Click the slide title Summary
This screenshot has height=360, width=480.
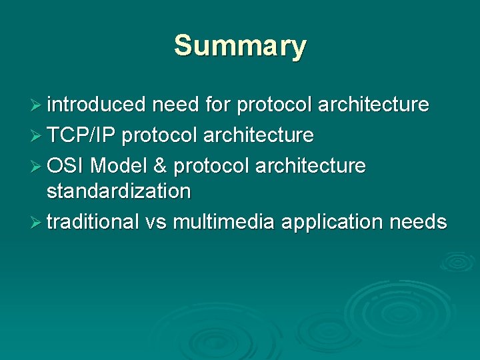click(240, 47)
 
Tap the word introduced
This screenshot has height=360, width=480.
click(96, 105)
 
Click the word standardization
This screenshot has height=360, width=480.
click(119, 191)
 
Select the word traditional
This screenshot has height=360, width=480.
click(93, 221)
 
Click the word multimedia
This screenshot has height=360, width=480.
click(223, 221)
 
